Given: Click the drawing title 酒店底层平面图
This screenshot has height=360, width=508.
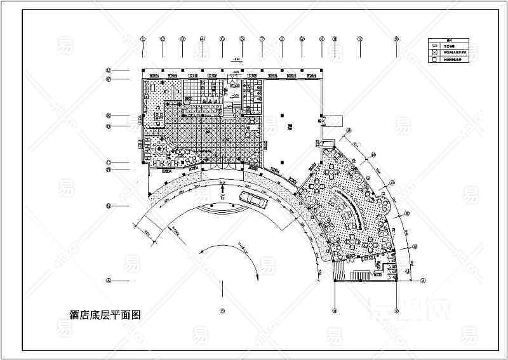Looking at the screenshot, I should [x=104, y=313].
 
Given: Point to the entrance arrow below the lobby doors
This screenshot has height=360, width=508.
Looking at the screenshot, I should [x=222, y=188].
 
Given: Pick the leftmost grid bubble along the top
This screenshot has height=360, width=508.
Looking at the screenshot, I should [x=143, y=39].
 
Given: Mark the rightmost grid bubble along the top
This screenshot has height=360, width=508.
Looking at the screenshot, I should [x=396, y=39].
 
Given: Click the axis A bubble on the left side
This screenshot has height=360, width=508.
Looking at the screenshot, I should [x=109, y=280].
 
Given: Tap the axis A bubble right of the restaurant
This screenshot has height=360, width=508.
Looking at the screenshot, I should [x=422, y=279].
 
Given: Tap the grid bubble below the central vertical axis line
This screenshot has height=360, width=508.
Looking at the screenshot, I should [x=222, y=310].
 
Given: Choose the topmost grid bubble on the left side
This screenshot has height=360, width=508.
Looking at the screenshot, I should [x=109, y=70].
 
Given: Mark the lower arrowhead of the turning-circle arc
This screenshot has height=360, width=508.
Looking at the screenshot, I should [x=255, y=274].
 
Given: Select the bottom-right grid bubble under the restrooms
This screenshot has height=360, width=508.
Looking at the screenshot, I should [x=396, y=310].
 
